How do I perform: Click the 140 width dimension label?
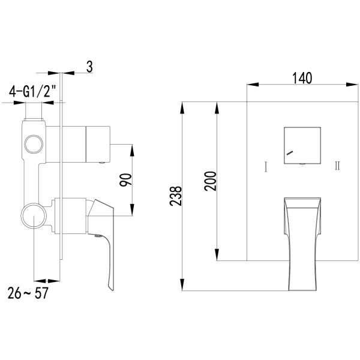point(302,78)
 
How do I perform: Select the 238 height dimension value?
point(176,196)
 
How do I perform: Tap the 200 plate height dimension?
point(211,181)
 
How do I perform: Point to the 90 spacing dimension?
point(126,180)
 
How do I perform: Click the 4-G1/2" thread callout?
point(32,91)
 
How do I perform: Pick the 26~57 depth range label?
point(28,293)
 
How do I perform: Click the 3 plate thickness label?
point(89,67)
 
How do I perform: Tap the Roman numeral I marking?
point(266,167)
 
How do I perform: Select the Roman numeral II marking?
point(337,166)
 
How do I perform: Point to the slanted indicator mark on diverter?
point(290,152)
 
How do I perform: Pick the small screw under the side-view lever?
point(98,235)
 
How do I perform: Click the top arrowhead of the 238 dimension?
point(182,107)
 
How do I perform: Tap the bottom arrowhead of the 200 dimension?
point(217,254)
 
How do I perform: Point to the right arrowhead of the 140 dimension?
point(352,85)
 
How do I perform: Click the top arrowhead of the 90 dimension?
point(132,150)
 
